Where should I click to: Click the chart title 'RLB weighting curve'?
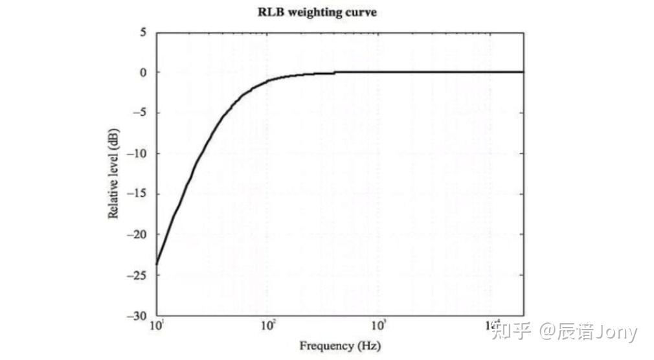coord(317,12)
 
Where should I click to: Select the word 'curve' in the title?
coord(361,12)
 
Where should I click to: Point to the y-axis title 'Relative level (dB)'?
coord(114,174)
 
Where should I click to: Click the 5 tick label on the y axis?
coord(144,32)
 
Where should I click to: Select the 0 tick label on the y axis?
coord(144,73)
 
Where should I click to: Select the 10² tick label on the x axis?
coord(268,325)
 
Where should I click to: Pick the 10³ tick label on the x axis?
coord(379,325)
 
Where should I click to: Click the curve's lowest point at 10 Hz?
coord(157,264)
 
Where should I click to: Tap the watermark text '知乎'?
coord(512,333)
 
